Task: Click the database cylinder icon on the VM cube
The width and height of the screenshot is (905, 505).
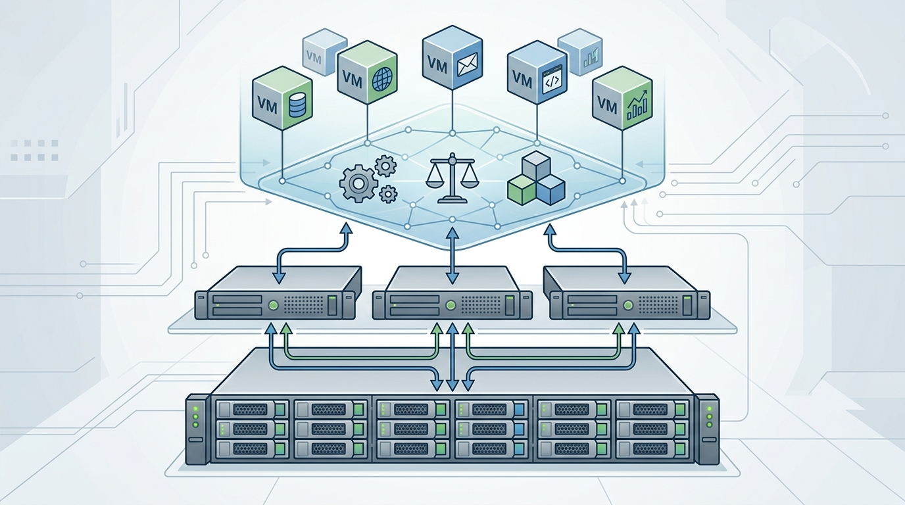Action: click(x=299, y=105)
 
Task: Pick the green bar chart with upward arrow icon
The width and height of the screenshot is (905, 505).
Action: click(x=637, y=105)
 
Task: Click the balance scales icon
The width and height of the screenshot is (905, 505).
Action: click(x=452, y=178)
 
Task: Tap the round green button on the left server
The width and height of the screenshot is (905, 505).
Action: click(x=274, y=304)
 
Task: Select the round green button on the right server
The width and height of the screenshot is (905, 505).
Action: click(x=628, y=304)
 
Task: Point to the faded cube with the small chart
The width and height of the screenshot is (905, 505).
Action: click(x=580, y=53)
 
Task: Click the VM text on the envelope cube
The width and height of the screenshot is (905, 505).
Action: click(x=437, y=66)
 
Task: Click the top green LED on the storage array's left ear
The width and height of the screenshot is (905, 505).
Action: click(x=196, y=408)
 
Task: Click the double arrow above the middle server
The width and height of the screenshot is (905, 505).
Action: click(x=452, y=255)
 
